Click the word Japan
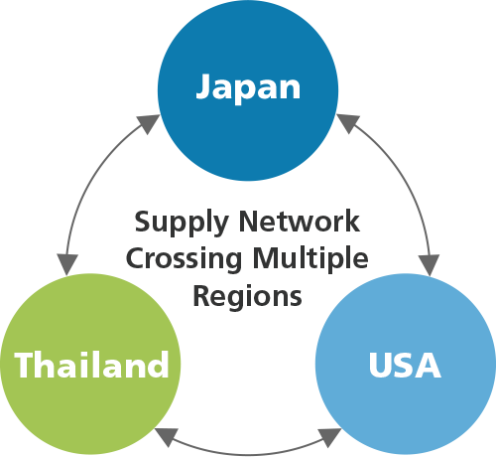point(248,86)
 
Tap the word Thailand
point(91,365)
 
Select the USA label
point(405,365)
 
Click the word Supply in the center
point(182,223)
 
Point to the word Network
point(300,221)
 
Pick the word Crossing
point(184,259)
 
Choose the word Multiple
point(310,258)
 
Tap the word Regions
point(247,296)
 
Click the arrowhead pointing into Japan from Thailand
point(149,123)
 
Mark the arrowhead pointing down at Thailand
point(67,264)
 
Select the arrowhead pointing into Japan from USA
point(348,122)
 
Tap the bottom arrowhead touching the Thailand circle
point(167,435)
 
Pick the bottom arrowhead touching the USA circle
point(329,436)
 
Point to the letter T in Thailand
point(25,365)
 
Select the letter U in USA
point(380,365)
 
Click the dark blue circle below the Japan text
point(248,142)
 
